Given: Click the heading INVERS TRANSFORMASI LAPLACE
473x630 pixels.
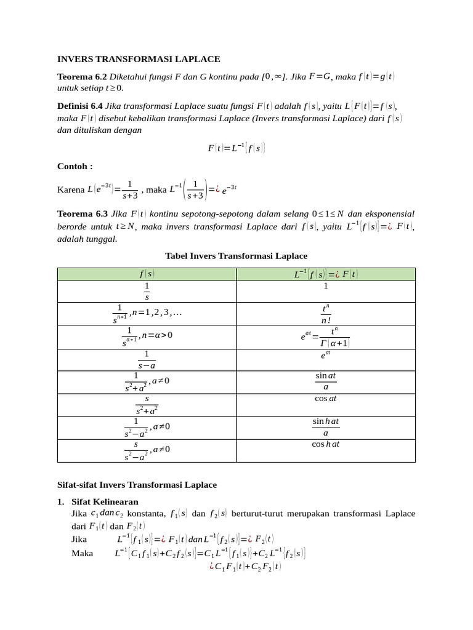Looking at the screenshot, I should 139,59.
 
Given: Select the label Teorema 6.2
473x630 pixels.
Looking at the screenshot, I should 82,77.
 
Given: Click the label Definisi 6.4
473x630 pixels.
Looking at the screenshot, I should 80,106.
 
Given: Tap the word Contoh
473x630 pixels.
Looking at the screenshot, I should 75,166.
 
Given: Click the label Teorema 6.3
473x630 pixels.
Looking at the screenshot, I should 82,214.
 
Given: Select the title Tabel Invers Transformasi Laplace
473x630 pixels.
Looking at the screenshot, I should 236,255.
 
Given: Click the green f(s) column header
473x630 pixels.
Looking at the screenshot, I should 147,274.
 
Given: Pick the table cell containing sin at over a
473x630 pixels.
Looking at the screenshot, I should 325,381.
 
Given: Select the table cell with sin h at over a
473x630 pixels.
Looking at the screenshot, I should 325,427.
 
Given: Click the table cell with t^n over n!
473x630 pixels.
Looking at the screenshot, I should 325,314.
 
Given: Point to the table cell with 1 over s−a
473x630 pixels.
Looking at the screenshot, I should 147,360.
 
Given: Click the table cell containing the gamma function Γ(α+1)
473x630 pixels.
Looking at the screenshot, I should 325,337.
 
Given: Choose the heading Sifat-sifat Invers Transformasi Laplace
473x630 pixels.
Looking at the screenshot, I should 137,485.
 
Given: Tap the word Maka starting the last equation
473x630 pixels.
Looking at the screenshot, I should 82,553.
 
